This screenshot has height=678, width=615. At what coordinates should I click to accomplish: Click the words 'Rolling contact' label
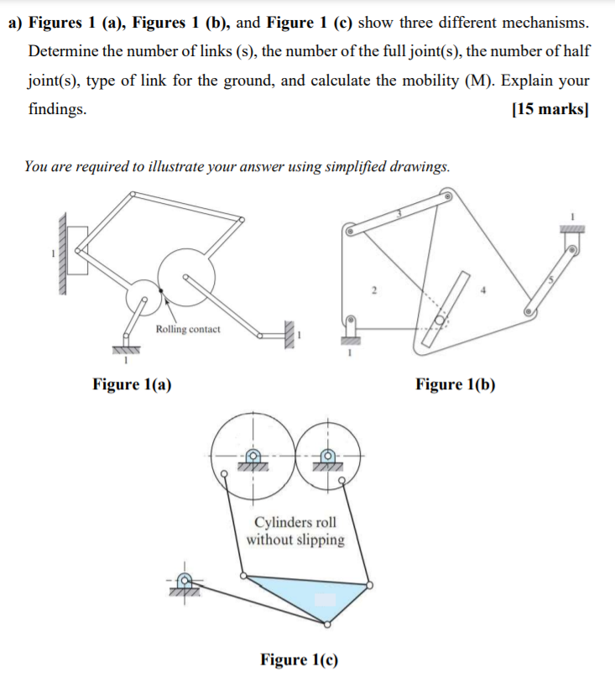(188, 329)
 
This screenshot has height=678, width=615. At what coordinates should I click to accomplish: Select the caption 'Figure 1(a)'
(133, 384)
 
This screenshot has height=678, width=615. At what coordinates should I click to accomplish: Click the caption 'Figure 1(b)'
(455, 384)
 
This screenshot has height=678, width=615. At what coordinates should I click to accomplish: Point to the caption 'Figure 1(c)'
(300, 660)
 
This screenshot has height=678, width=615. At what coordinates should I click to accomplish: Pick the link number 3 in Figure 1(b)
(400, 215)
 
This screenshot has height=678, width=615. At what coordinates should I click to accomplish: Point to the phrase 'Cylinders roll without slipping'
(295, 531)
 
